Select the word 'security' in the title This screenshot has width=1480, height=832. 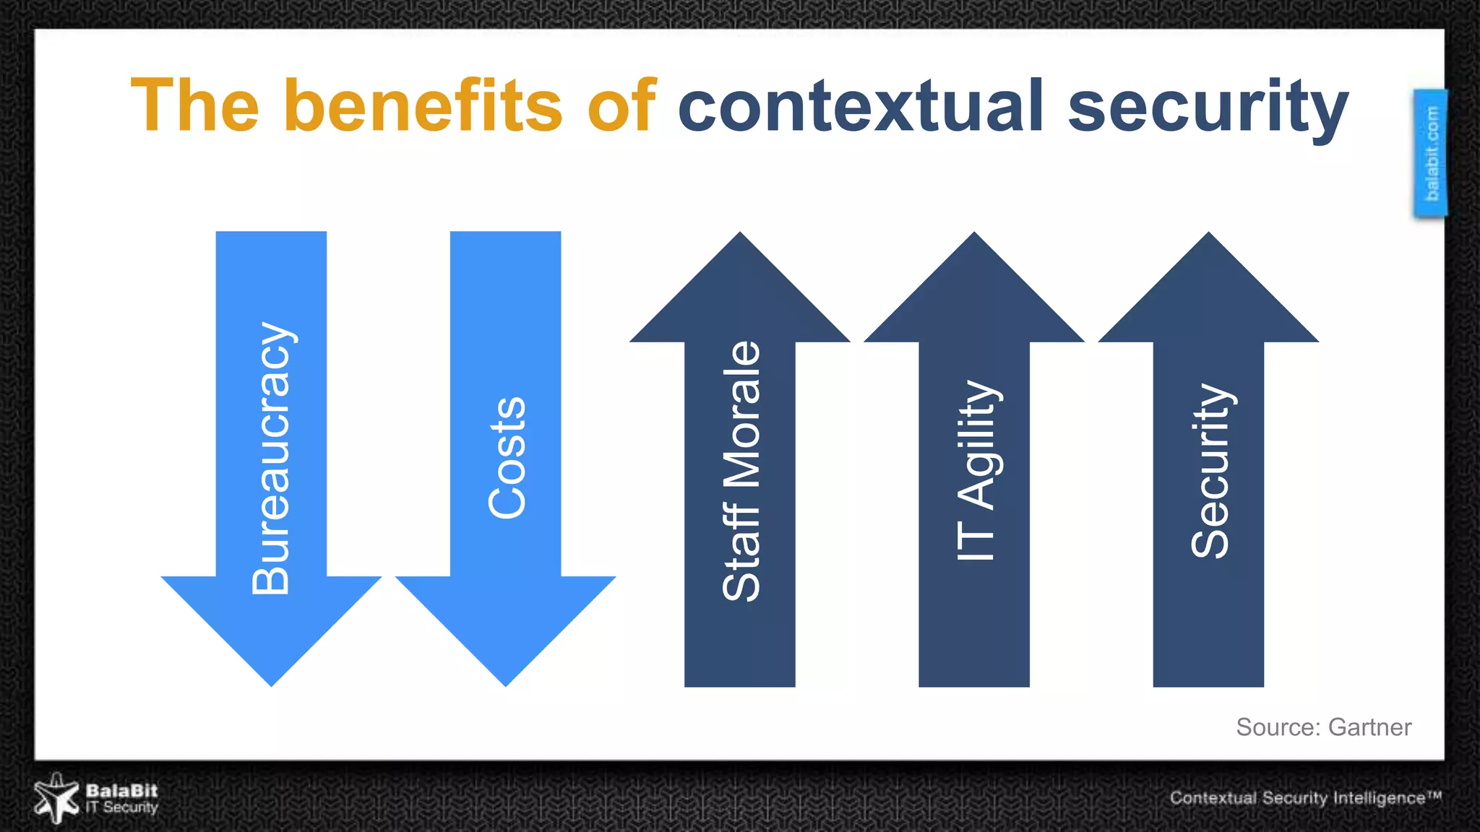1208,108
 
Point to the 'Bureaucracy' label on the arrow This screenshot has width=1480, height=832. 271,459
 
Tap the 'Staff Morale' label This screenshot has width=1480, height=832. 741,471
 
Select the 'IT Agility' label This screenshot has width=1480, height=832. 976,471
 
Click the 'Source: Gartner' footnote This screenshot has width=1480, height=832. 1323,727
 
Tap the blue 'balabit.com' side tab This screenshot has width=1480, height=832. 1431,153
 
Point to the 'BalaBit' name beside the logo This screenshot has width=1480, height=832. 121,790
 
